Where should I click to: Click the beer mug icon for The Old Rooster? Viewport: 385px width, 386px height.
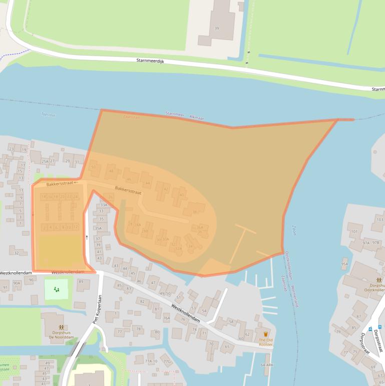(x=265, y=334)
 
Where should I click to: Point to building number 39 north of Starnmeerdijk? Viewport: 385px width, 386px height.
(x=217, y=29)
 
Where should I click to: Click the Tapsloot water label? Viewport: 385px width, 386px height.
(x=48, y=115)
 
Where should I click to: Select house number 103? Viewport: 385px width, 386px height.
(x=380, y=220)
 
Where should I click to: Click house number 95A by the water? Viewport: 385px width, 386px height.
(x=344, y=264)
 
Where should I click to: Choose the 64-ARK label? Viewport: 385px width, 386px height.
(x=267, y=365)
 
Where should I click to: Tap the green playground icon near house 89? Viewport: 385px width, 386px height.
(x=56, y=289)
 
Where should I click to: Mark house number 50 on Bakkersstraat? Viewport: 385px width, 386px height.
(x=93, y=167)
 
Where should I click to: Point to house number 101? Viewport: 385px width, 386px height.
(x=354, y=232)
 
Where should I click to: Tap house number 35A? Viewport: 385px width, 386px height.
(x=99, y=228)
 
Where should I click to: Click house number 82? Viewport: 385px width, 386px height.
(x=142, y=301)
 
